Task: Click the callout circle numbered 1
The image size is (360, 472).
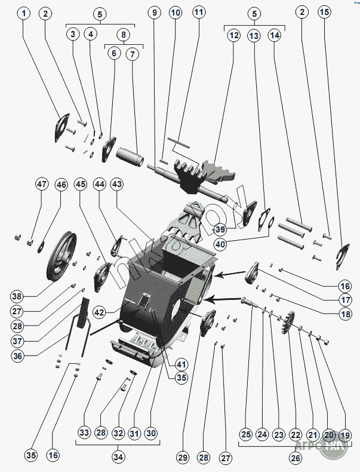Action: [23, 13]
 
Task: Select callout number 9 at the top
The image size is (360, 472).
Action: [155, 13]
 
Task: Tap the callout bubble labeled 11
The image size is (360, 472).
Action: [198, 13]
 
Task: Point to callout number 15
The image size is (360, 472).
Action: [324, 13]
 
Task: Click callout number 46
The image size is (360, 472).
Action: [61, 185]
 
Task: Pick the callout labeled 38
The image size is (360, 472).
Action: [17, 296]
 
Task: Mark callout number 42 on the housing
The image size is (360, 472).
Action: [99, 312]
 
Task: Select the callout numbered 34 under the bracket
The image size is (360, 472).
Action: [118, 457]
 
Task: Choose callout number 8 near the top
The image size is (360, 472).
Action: [124, 34]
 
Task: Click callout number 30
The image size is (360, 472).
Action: [150, 433]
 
